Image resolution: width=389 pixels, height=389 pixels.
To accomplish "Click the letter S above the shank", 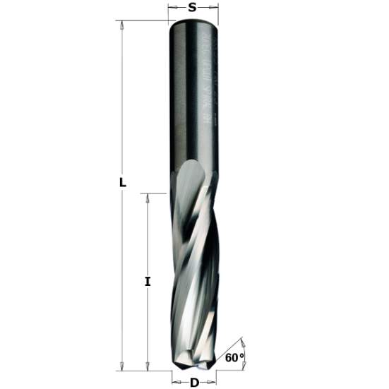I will pyautogui.click(x=192, y=8).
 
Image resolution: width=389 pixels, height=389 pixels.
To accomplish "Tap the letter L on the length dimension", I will pyautogui.click(x=122, y=182).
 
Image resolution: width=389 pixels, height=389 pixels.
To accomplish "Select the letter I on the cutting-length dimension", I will pyautogui.click(x=148, y=281).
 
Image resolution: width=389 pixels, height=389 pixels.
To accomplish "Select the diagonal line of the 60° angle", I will pyautogui.click(x=230, y=350).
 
